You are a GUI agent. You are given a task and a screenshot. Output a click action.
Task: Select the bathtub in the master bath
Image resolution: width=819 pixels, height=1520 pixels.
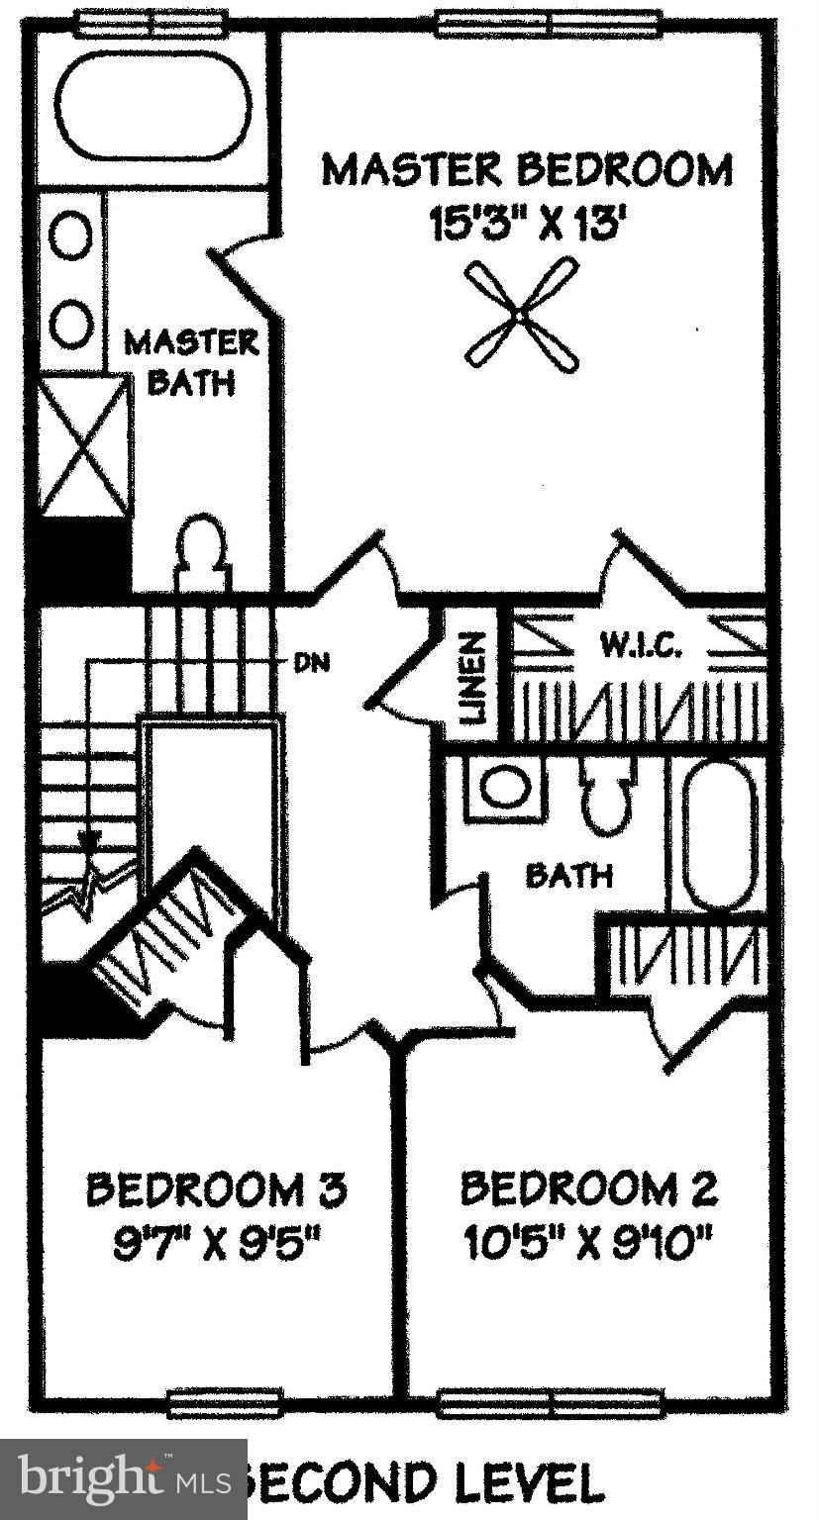click(153, 105)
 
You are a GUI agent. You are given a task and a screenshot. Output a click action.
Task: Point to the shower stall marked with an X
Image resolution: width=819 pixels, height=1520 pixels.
click(83, 447)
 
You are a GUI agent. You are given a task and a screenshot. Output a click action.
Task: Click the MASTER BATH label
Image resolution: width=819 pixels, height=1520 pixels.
click(190, 362)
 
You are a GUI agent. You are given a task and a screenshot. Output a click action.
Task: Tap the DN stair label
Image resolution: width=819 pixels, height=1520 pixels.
click(311, 662)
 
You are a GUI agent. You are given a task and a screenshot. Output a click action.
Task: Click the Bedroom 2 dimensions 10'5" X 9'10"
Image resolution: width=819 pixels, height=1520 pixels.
click(590, 1242)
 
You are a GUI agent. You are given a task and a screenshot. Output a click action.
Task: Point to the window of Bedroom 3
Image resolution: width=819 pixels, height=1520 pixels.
click(225, 1401)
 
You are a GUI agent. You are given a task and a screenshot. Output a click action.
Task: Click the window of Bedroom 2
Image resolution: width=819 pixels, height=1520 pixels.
click(550, 1401)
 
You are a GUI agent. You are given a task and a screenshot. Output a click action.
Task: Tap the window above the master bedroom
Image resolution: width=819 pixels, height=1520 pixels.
click(549, 22)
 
